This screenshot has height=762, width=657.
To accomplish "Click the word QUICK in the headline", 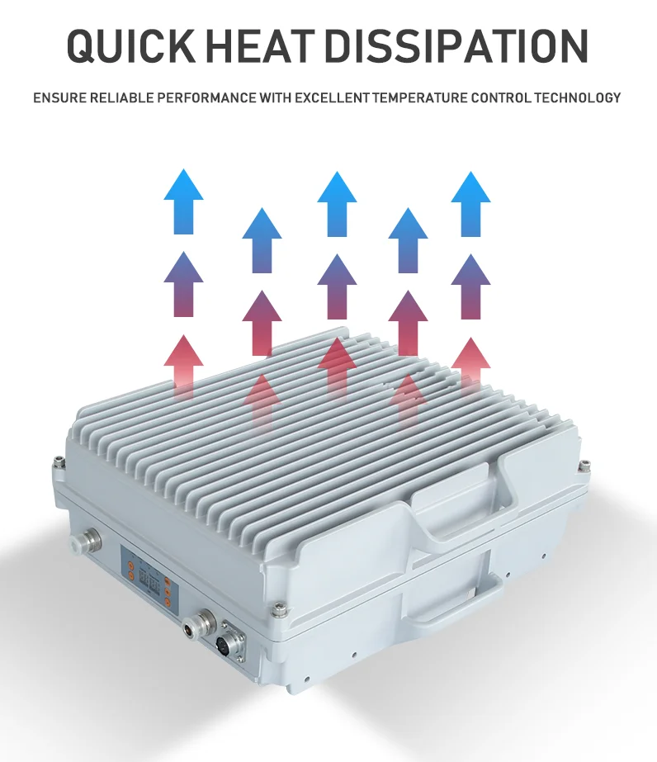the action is point(129,45).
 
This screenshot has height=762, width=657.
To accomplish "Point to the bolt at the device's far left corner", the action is point(58,462).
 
